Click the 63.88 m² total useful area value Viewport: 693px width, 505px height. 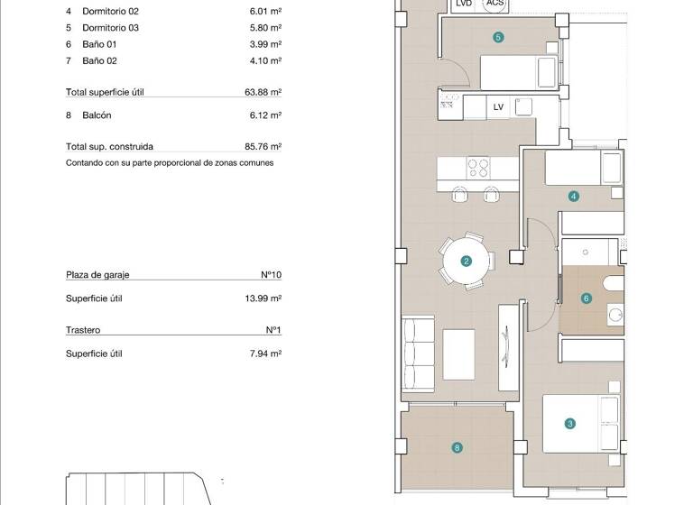click(x=263, y=92)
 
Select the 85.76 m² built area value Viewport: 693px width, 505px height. click(x=263, y=146)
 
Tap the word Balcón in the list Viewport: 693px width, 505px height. click(x=97, y=115)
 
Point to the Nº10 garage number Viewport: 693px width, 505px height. click(x=271, y=275)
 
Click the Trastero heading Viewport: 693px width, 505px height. click(x=83, y=330)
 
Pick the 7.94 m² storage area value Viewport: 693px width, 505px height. click(x=265, y=353)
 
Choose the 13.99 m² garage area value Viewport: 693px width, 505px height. click(x=263, y=298)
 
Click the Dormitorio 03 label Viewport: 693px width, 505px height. click(x=110, y=28)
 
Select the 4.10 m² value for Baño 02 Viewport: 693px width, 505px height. click(x=265, y=60)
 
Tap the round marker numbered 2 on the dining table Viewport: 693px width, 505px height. click(x=467, y=262)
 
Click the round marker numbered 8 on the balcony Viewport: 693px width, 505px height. click(x=457, y=447)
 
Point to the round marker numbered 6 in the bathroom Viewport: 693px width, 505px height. click(x=587, y=298)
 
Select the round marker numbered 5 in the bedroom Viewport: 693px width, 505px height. click(x=498, y=37)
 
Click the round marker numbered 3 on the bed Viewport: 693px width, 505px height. click(x=569, y=423)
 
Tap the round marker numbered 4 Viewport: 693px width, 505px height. click(x=574, y=196)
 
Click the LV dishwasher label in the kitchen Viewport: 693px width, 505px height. click(x=498, y=107)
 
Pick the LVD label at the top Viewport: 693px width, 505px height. click(x=464, y=4)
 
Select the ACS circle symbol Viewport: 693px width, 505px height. click(x=494, y=4)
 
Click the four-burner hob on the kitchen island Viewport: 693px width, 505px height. click(x=477, y=168)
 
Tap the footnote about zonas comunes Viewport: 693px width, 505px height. click(x=170, y=163)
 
